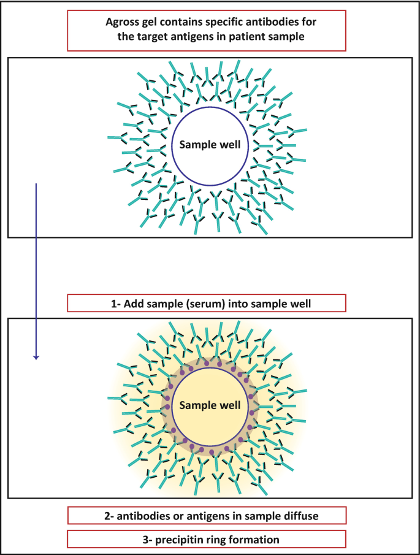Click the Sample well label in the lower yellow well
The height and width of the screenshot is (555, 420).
[210, 405]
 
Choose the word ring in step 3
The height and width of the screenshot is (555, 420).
[231, 540]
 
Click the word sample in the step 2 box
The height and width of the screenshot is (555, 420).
[264, 515]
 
